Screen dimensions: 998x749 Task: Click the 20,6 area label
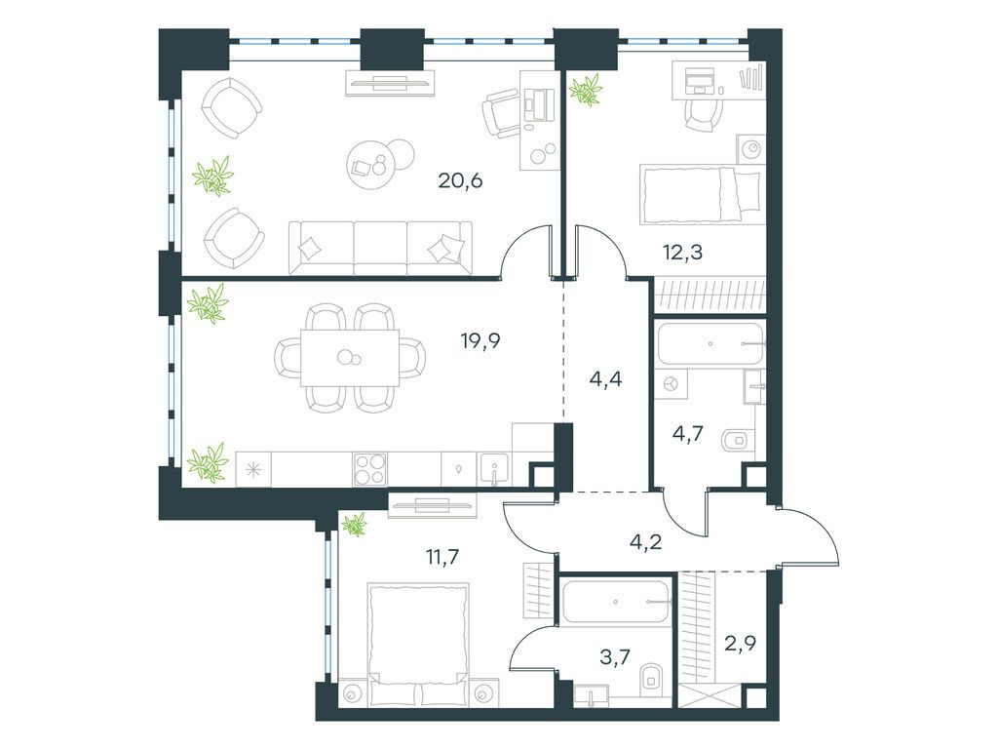coord(460,180)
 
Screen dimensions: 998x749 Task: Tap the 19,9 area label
coord(480,341)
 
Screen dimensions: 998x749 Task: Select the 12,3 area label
coord(682,253)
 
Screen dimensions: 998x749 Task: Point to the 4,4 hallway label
coord(605,380)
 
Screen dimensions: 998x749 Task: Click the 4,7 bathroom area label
coord(687,434)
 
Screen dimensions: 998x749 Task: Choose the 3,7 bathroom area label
coord(616,656)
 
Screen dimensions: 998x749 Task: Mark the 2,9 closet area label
coord(741,644)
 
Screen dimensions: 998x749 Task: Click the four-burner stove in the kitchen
coord(369,469)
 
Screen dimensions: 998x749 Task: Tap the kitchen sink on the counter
coord(494,469)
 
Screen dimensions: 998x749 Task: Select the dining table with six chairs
coord(350,358)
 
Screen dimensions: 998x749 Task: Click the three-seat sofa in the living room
coord(381,249)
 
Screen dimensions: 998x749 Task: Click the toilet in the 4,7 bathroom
coord(739,440)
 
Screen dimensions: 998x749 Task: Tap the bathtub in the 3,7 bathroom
coord(617,602)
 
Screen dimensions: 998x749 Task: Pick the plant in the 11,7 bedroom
coord(355,524)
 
